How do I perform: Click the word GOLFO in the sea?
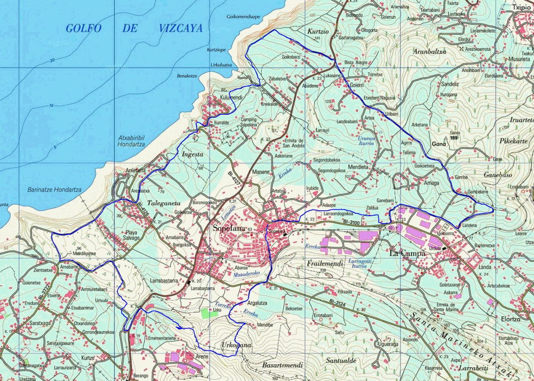pyautogui.click(x=84, y=28)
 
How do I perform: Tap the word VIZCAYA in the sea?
pyautogui.click(x=180, y=28)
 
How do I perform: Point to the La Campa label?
pyautogui.click(x=407, y=253)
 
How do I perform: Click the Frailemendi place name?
pyautogui.click(x=325, y=264)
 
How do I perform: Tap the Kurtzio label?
pyautogui.click(x=318, y=32)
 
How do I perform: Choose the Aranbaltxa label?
pyautogui.click(x=429, y=51)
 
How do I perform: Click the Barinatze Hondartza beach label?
pyautogui.click(x=54, y=189)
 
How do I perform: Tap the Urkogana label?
pyautogui.click(x=236, y=345)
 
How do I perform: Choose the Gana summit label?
pyautogui.click(x=438, y=144)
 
